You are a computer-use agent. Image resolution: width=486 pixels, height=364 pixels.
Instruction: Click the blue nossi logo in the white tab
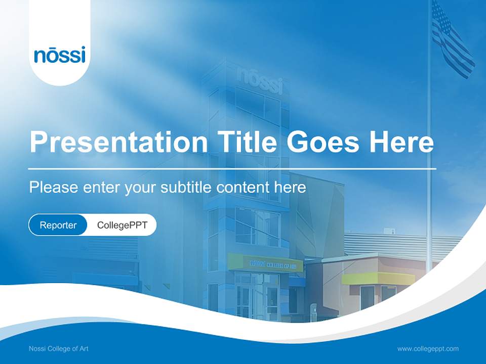(x=60, y=55)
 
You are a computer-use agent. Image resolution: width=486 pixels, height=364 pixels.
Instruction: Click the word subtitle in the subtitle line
(x=187, y=188)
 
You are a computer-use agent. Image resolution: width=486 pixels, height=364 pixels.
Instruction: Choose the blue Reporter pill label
(x=58, y=225)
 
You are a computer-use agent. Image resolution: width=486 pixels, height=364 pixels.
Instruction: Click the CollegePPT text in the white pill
(x=122, y=225)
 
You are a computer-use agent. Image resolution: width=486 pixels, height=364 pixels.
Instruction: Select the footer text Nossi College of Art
(x=59, y=348)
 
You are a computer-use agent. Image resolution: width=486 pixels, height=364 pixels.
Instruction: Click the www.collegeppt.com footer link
(x=428, y=348)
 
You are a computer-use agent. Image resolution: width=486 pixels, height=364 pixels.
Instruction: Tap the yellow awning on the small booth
(x=371, y=278)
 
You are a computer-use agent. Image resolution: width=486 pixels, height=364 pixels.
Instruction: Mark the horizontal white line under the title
(x=232, y=168)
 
